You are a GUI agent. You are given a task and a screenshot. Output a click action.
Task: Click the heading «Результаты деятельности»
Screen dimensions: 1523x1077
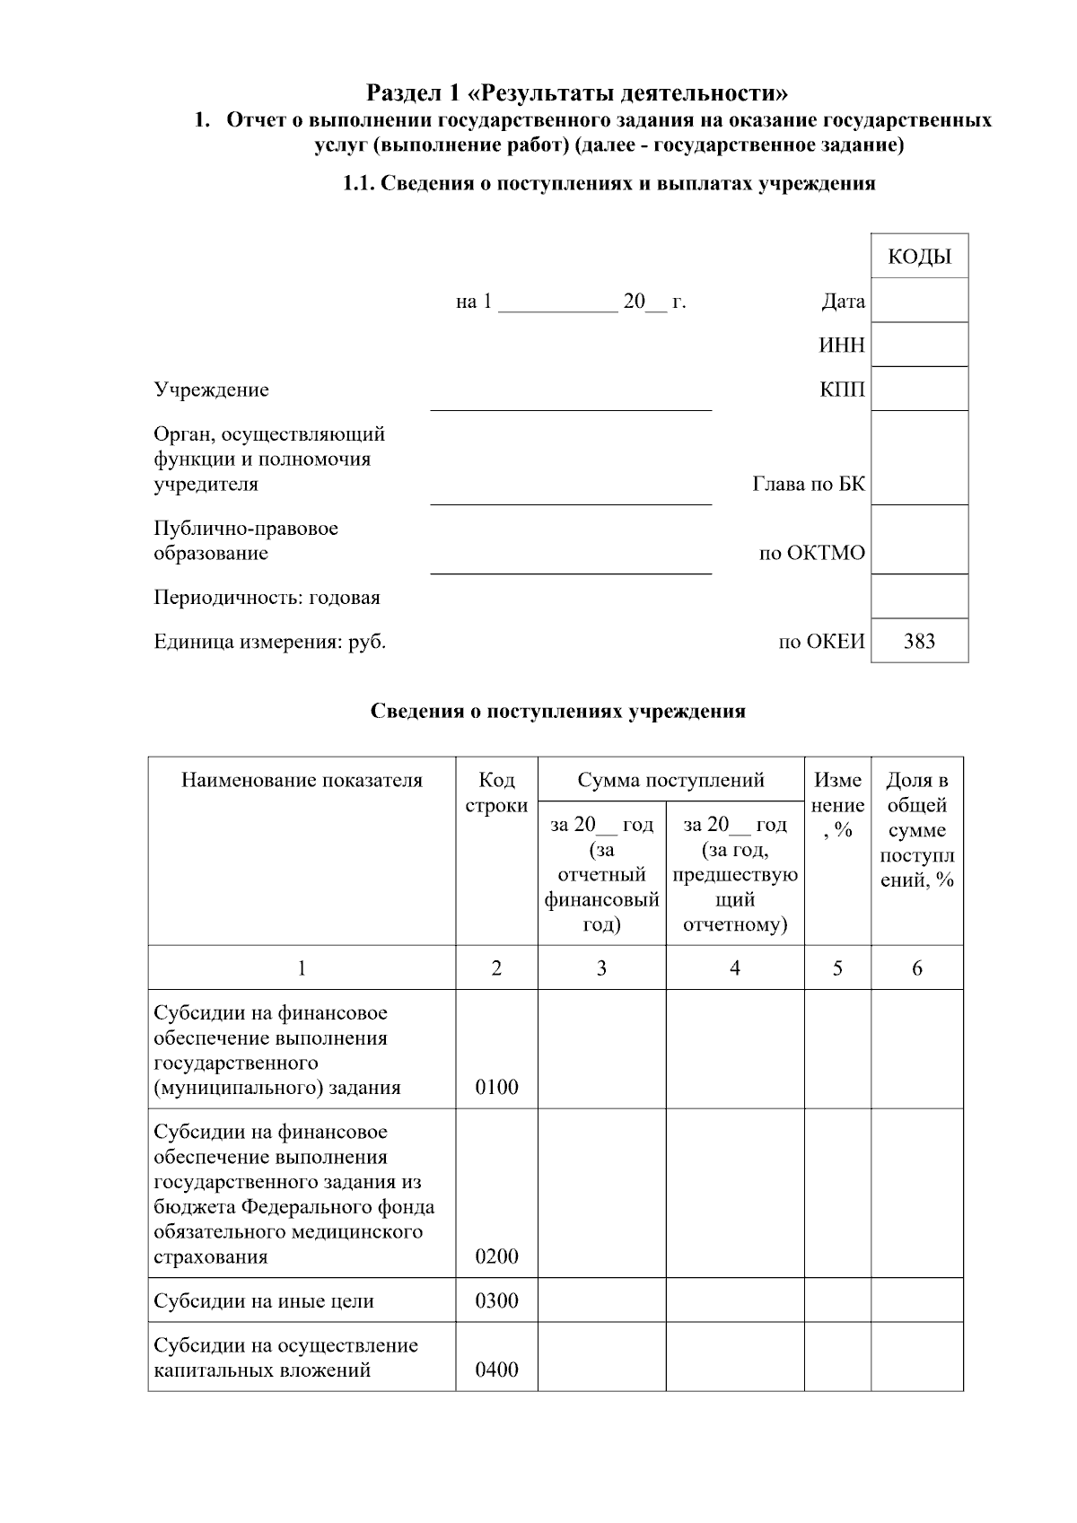[x=578, y=92]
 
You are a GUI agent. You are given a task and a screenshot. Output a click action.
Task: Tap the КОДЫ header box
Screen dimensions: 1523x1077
[x=919, y=257]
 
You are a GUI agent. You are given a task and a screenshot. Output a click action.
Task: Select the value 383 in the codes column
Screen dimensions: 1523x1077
[x=919, y=641]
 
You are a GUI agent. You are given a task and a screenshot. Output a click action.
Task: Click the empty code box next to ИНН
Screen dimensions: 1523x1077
[x=919, y=345]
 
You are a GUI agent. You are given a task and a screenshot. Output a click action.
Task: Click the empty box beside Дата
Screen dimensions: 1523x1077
[x=919, y=301]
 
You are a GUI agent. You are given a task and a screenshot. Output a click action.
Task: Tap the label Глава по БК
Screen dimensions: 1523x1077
[x=808, y=485]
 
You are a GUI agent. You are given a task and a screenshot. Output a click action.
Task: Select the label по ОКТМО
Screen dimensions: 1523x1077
[x=811, y=553]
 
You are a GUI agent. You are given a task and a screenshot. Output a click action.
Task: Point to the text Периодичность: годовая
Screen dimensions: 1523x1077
[x=267, y=598]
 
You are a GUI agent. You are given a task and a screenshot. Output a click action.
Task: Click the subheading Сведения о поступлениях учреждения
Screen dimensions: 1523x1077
[x=558, y=712]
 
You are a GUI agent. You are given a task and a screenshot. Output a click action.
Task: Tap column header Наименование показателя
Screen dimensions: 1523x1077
[x=302, y=780]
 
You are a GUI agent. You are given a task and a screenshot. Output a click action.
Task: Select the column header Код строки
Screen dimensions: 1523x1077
[x=496, y=792]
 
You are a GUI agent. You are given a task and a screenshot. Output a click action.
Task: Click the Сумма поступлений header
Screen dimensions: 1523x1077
[x=670, y=780]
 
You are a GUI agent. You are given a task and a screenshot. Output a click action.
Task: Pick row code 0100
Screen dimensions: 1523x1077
[x=496, y=1088]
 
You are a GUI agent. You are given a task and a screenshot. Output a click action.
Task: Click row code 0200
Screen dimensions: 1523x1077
[x=496, y=1256]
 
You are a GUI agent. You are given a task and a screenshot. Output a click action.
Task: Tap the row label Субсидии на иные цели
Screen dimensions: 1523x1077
[x=264, y=1301]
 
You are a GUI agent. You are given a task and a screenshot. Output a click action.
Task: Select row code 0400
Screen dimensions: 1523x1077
[x=496, y=1370]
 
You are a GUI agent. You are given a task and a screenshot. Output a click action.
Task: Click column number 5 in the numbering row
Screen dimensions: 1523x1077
[x=836, y=967]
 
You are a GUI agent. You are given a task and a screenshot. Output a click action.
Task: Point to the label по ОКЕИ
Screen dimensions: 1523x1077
[x=820, y=642]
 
